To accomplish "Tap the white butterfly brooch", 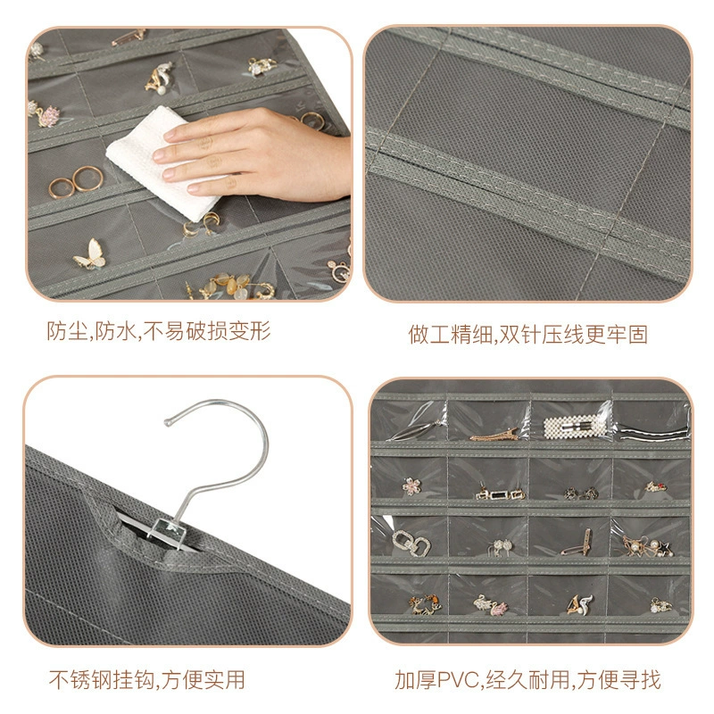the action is tap(91, 254).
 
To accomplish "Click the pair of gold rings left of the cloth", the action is tap(76, 182).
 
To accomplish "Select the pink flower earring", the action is tap(411, 486).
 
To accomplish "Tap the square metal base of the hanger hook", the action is tap(170, 531).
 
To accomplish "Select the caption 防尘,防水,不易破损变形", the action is tap(159, 330).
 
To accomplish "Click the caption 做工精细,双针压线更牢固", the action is tap(527, 334).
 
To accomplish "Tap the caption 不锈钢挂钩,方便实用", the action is tap(146, 680).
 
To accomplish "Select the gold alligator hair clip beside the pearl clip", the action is tap(494, 436).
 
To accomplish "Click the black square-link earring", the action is tap(500, 494).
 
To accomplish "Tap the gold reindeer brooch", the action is tap(425, 605).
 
